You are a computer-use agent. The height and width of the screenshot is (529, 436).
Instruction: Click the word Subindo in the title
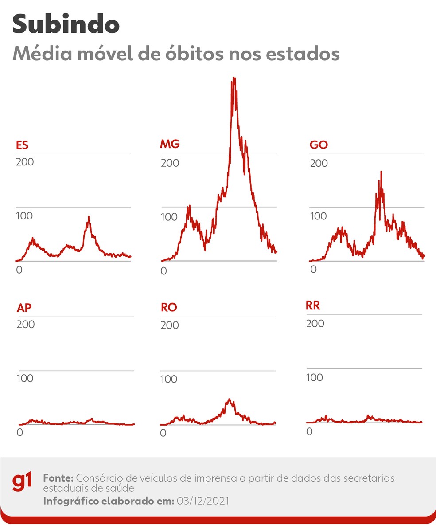[x=66, y=24]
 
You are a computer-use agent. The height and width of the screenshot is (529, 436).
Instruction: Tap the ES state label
[x=22, y=145]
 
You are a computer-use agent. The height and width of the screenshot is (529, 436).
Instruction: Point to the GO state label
[x=319, y=145]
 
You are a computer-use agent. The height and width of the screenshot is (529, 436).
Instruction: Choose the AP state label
[x=24, y=308]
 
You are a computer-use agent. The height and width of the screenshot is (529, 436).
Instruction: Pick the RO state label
[x=169, y=308]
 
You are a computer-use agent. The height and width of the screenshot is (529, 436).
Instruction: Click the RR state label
[x=313, y=306]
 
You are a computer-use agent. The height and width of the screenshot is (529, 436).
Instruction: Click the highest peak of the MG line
[x=234, y=78]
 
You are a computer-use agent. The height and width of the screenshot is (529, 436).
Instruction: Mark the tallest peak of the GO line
[x=381, y=172]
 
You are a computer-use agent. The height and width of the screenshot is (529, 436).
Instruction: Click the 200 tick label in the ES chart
[x=25, y=161]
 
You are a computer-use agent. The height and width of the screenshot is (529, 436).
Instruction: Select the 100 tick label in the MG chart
[x=170, y=217]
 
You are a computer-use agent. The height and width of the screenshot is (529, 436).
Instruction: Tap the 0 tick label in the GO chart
[x=313, y=269]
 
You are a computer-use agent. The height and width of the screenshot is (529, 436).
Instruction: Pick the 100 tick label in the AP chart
[x=25, y=378]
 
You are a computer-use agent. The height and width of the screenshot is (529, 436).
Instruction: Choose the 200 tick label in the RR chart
[x=315, y=324]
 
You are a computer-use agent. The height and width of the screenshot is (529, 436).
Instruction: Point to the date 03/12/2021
[x=202, y=501]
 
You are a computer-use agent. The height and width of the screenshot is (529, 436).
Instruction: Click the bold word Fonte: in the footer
[x=58, y=478]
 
